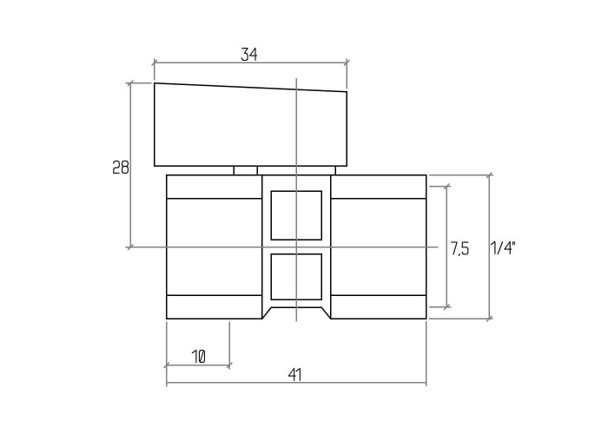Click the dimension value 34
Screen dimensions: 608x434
point(249,55)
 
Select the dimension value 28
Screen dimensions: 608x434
point(120,168)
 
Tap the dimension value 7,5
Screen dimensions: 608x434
point(459,249)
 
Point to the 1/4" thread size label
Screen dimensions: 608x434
point(503,248)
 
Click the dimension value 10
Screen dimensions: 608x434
point(198,357)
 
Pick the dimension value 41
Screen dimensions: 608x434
point(294,375)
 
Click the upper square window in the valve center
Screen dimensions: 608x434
point(296,215)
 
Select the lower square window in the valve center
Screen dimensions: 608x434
point(296,277)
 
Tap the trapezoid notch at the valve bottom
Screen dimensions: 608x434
point(297,313)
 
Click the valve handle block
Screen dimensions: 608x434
point(250,125)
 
